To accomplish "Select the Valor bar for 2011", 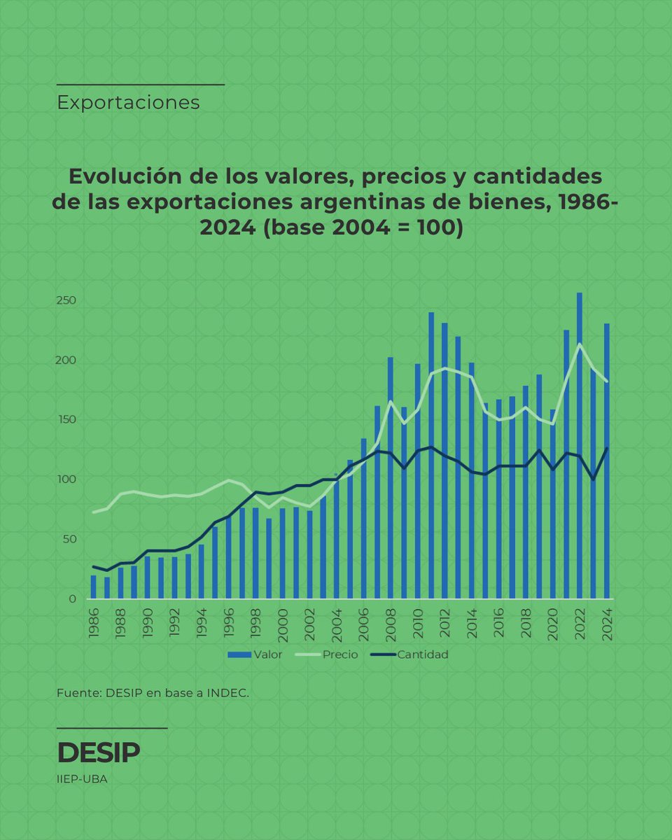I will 431,455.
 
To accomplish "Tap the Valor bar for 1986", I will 93,587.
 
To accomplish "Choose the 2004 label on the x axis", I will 337,622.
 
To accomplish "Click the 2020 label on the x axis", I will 553,622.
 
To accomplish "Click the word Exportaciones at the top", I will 128,103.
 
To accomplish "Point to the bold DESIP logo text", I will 98,752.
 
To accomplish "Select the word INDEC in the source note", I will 227,694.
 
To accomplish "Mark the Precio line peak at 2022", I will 580,344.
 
